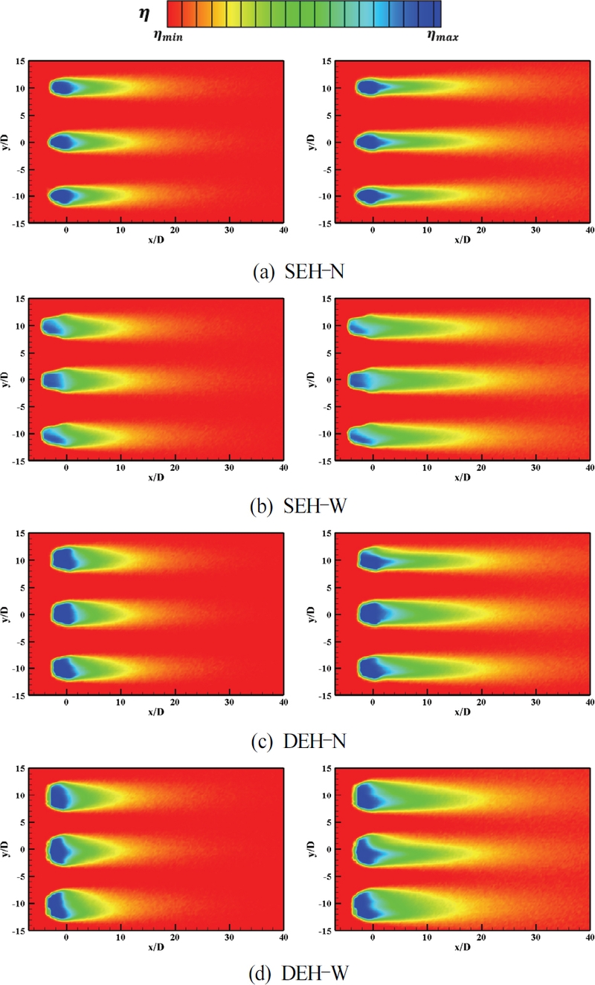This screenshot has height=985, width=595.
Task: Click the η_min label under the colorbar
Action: click(169, 34)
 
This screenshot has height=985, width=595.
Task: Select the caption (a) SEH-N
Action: click(297, 272)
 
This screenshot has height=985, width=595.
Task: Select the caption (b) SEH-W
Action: click(297, 509)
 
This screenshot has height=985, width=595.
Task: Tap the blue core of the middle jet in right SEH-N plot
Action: click(370, 142)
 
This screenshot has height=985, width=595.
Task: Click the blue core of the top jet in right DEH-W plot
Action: click(367, 797)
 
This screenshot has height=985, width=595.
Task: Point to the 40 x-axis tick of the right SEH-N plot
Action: click(589, 231)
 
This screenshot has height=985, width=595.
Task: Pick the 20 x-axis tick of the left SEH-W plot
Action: click(175, 468)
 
